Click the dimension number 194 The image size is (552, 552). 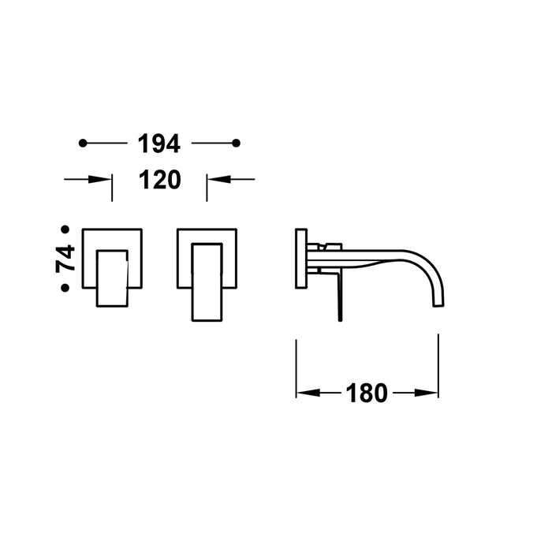tap(159, 144)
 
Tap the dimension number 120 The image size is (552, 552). tap(159, 180)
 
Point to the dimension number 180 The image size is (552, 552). tap(367, 392)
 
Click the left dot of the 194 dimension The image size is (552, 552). tap(83, 143)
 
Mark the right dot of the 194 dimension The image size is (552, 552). tap(236, 143)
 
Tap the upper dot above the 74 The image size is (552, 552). tap(65, 229)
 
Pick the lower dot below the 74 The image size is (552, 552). tap(65, 288)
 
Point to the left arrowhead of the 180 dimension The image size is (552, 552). tap(304, 392)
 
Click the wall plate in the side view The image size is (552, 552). tap(300, 259)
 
